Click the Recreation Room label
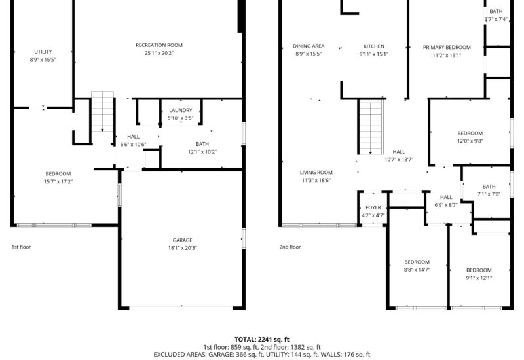coord(159,45)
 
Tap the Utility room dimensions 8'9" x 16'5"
coord(43,60)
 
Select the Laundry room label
coord(180,110)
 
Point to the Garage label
coord(183,240)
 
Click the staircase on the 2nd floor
coord(371,127)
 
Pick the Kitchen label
coord(374,46)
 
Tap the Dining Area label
coord(309,46)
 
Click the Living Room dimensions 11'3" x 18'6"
coord(316,180)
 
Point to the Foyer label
coord(373,207)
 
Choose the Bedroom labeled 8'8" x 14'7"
coord(417,262)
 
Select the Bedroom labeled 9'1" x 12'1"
coord(479,270)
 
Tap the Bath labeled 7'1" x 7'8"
coord(489,187)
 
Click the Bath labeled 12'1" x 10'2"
coord(202,144)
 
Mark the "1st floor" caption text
coord(21,247)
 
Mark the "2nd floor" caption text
coord(290,247)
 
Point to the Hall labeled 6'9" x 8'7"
coord(446,197)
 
